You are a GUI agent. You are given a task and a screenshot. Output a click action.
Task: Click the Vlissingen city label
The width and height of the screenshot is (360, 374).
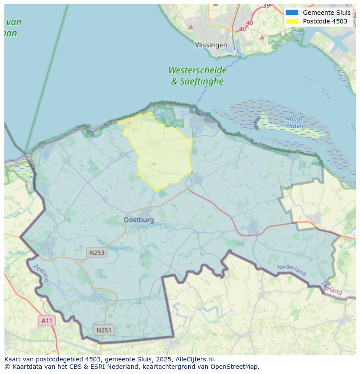[x=211, y=45]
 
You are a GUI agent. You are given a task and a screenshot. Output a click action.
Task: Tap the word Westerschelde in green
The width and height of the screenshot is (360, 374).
[x=197, y=70]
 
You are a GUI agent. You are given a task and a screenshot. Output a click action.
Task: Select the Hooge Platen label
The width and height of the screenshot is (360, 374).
[x=294, y=122]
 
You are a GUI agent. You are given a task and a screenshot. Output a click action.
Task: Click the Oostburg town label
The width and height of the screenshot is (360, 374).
[x=139, y=220]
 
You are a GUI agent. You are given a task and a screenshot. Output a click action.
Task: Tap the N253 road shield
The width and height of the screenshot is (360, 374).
[x=96, y=252]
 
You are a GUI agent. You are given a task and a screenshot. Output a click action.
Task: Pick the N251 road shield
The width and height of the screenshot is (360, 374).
[x=103, y=330]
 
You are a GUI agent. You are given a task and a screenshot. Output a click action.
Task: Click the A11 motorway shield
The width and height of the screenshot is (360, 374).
[x=47, y=321]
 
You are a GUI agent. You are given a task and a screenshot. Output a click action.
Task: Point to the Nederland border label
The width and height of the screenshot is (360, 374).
[x=291, y=270]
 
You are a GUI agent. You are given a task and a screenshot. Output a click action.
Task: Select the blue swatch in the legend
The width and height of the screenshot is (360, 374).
[x=292, y=13]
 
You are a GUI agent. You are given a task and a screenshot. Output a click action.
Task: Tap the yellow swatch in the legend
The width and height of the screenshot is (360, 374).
[x=292, y=21]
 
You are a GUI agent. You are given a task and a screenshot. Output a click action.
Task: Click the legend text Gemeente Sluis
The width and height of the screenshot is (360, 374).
[x=327, y=13]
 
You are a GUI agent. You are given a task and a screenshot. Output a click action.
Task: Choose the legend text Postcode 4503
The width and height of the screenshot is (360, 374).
[x=325, y=21]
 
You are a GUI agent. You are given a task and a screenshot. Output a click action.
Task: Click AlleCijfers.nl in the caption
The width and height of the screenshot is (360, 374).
[x=195, y=359]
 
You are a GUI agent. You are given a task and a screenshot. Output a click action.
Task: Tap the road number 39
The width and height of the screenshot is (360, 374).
[x=266, y=6]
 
